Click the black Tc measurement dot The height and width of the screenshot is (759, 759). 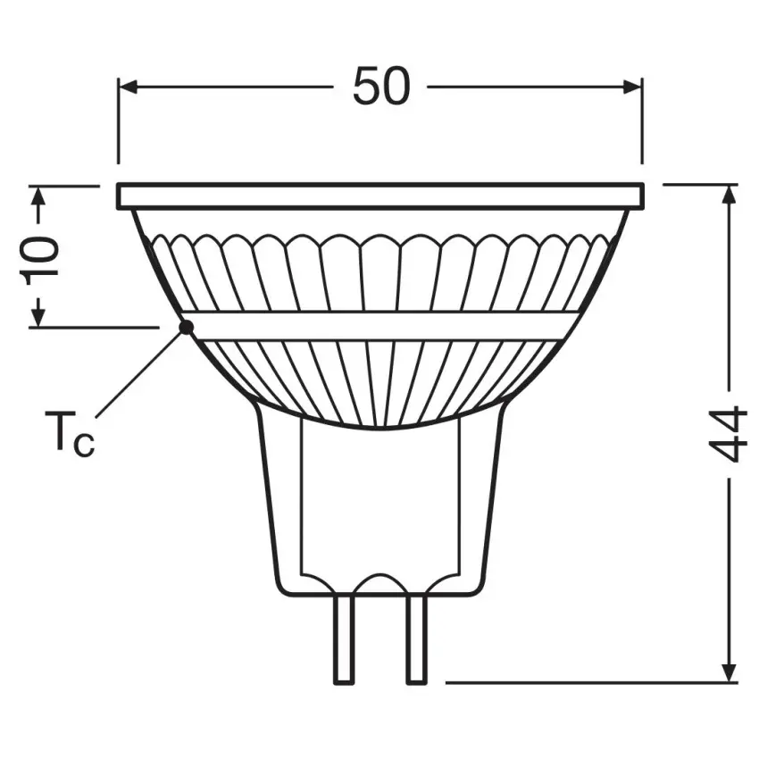[x=186, y=327]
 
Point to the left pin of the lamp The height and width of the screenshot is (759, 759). [x=345, y=640]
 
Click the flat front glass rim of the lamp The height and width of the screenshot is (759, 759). [x=380, y=196]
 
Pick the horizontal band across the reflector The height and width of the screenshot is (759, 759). [x=380, y=326]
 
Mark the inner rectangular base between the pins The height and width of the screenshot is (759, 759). [x=380, y=500]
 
